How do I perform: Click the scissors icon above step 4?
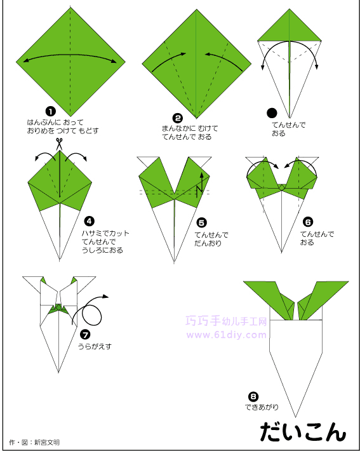click(59, 144)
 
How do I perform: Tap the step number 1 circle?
click(50, 111)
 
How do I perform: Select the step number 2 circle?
click(178, 118)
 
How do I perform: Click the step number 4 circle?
click(89, 221)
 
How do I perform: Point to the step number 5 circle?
click(201, 222)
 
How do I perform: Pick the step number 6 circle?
click(308, 222)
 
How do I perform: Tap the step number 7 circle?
click(85, 335)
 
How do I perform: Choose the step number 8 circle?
click(253, 397)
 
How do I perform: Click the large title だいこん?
click(303, 432)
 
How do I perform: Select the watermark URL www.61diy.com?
click(227, 335)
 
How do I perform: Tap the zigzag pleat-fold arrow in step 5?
click(200, 185)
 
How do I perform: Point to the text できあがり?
click(262, 407)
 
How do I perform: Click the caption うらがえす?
click(95, 346)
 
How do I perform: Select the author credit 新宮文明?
click(47, 442)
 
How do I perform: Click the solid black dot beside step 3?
click(272, 113)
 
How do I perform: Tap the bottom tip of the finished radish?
click(295, 417)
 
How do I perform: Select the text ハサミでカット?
click(105, 233)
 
